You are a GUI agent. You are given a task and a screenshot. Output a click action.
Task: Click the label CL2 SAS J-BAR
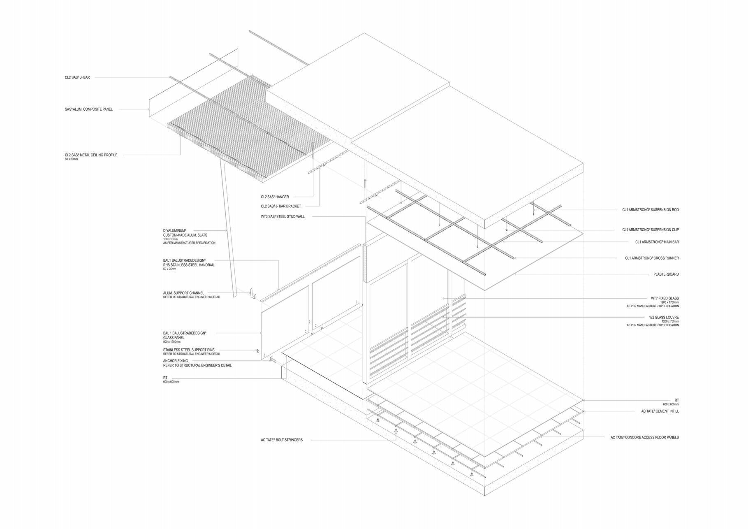click(x=77, y=77)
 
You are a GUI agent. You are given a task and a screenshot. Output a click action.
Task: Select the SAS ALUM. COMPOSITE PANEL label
click(x=88, y=109)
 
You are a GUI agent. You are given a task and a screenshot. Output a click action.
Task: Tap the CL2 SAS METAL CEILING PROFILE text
click(x=91, y=155)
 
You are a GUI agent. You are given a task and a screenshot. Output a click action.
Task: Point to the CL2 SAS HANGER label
click(x=275, y=197)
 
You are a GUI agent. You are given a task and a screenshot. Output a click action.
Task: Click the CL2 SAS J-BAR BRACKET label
click(x=281, y=206)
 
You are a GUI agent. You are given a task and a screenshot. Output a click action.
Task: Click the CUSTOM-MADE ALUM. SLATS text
click(x=185, y=235)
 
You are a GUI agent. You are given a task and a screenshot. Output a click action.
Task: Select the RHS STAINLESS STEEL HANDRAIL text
click(x=189, y=265)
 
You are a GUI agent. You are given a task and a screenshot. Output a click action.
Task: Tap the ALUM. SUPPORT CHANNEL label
click(x=183, y=293)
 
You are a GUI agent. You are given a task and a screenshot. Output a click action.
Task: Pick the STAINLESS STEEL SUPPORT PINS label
click(x=189, y=350)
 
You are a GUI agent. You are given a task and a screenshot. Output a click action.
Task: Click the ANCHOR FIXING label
click(x=176, y=361)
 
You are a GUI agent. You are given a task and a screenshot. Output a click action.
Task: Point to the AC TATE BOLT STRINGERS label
click(x=282, y=440)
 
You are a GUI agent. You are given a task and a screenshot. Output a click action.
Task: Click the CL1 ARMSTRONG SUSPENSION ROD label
click(x=650, y=210)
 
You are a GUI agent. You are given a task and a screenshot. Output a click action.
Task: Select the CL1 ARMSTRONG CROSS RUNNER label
click(x=652, y=258)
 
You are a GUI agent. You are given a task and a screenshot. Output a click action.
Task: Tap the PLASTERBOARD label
click(x=666, y=274)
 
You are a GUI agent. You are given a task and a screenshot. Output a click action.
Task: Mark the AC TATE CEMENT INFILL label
click(x=660, y=411)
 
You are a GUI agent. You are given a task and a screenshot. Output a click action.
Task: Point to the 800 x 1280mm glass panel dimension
click(x=172, y=342)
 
